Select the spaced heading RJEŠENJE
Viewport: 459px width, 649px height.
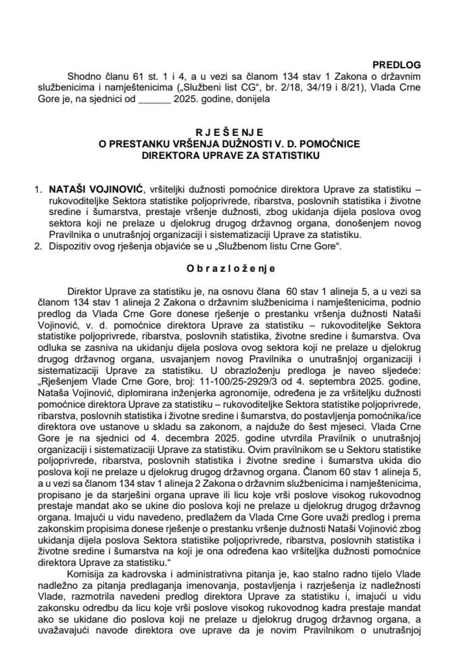tap(228, 133)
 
